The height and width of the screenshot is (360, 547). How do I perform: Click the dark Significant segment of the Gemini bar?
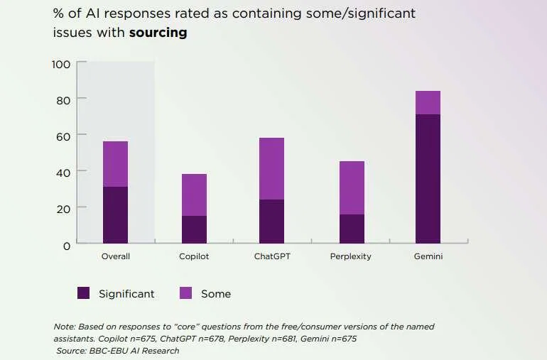[428, 179]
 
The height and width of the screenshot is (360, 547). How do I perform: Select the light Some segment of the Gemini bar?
[428, 102]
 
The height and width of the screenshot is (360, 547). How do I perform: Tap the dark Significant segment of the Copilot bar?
[194, 229]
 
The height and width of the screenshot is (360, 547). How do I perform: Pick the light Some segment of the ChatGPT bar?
[271, 168]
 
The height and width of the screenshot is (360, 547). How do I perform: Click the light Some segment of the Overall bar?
[115, 163]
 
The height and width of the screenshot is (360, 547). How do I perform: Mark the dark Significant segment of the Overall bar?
[115, 215]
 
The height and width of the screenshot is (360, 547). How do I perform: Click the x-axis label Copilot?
[194, 256]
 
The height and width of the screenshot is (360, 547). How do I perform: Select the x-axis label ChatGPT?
[271, 256]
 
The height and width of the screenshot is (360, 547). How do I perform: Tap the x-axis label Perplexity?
[350, 256]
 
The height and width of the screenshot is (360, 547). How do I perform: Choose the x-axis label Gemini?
[428, 256]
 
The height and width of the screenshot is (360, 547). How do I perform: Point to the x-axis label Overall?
[115, 256]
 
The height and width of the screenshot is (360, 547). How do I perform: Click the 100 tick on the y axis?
[61, 65]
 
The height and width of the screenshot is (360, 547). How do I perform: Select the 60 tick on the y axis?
[63, 136]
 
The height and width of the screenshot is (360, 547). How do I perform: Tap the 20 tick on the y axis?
[63, 209]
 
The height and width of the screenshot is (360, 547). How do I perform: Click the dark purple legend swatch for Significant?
[84, 293]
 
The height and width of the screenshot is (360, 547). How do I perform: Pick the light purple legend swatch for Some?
[186, 293]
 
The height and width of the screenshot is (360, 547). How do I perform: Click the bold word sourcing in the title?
[158, 33]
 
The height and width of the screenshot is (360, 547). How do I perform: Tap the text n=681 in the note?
[284, 339]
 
